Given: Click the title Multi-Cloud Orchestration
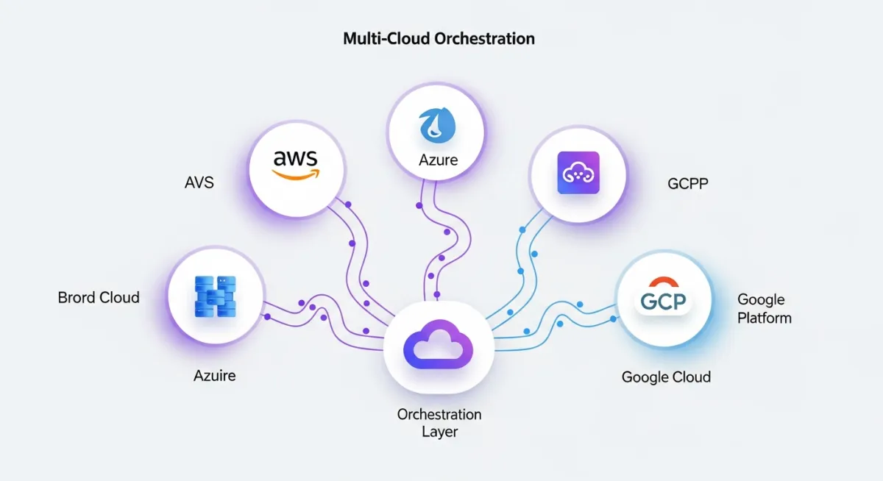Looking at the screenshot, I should coord(439,38).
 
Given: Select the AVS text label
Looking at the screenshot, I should coord(199,182).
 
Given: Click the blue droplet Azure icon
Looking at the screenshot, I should coord(436,125).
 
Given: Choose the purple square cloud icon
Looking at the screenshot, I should coord(578,174).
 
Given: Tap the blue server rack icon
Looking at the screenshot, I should coord(216,296).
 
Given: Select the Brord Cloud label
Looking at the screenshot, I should coord(99,298).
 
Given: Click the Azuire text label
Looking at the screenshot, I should coord(215,375).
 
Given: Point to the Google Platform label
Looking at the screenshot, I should coord(764,309).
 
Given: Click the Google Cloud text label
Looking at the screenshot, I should coord(666,377).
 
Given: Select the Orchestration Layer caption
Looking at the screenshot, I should coord(439,423).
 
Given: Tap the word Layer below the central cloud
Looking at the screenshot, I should coord(439,432).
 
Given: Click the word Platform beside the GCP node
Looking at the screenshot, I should coord(765,318).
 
